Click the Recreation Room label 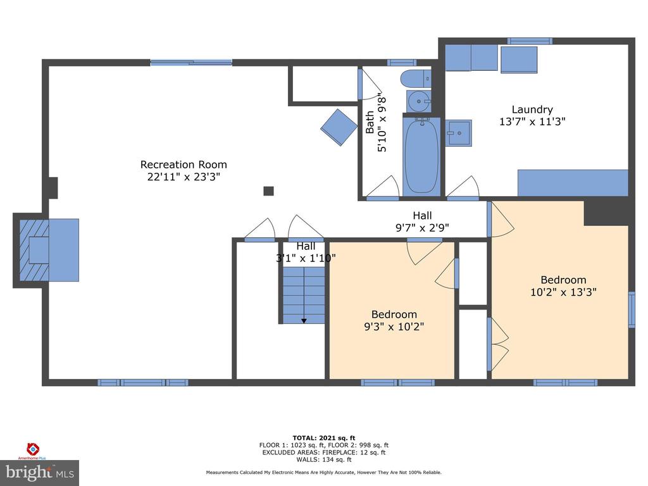point(184,165)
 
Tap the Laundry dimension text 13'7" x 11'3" point(532,121)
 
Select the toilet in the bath point(416,78)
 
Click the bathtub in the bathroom point(421,156)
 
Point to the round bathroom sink point(419,101)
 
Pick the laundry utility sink point(458,133)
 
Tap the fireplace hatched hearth point(34,250)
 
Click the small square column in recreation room point(268,191)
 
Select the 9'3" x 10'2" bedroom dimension point(394,327)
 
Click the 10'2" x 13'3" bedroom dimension point(563,292)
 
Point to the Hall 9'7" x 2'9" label point(422,221)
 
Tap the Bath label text point(370,122)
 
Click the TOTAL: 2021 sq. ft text point(324,438)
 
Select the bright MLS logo point(40,473)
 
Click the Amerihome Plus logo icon point(33,449)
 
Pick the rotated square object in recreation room point(339,127)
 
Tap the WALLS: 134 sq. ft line point(324,459)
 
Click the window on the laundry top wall point(530,41)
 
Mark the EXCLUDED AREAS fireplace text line point(324,452)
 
